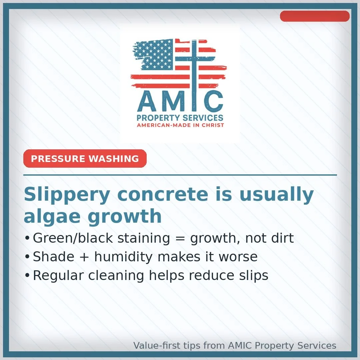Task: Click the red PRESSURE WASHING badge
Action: click(x=85, y=159)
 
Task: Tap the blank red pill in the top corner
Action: click(x=314, y=16)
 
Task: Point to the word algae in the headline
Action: click(x=51, y=217)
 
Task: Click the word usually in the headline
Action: click(x=276, y=195)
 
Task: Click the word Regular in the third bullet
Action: click(x=55, y=276)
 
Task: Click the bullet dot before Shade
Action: click(x=27, y=257)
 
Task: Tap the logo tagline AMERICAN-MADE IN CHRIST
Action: click(x=180, y=125)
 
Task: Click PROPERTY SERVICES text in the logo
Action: click(x=180, y=118)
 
